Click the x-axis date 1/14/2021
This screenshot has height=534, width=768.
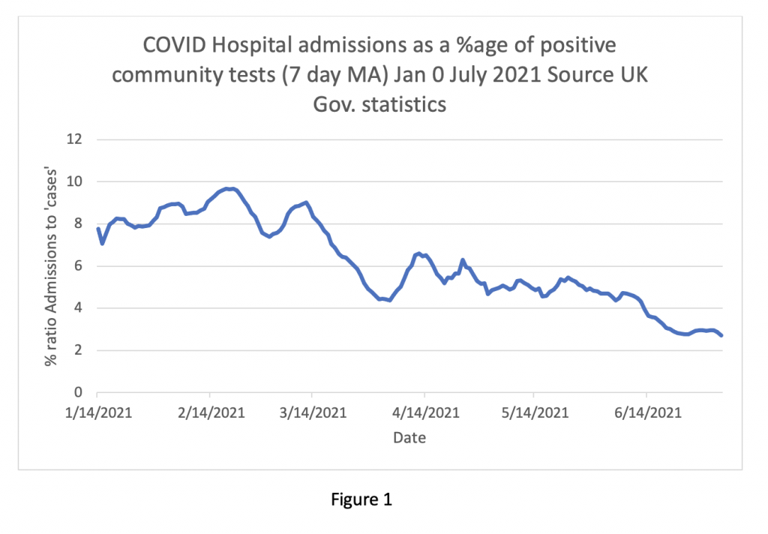click(97, 412)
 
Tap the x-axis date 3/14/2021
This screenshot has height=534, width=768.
click(312, 412)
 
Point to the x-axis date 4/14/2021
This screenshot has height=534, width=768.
click(424, 412)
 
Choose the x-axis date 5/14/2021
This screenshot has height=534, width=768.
click(533, 412)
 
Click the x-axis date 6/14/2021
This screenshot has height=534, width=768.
click(646, 412)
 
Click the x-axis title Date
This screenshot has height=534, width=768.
click(409, 437)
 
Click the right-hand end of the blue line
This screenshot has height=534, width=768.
click(721, 335)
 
